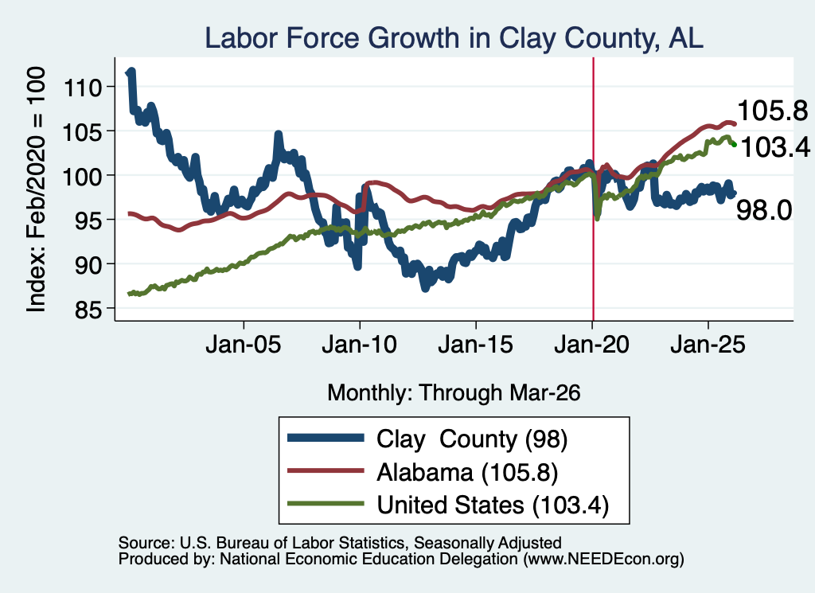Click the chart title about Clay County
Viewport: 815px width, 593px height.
(454, 38)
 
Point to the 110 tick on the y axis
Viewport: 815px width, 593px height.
(82, 88)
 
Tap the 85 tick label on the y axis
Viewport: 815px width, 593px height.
(86, 310)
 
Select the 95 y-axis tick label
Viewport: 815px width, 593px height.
(86, 220)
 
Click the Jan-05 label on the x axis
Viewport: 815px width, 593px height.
(244, 345)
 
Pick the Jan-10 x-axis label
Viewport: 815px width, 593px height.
(359, 345)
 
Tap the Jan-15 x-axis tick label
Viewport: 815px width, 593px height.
(476, 345)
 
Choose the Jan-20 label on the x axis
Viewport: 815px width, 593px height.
(592, 345)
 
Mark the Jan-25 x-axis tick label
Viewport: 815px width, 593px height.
(708, 345)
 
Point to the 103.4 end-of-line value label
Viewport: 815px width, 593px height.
(774, 147)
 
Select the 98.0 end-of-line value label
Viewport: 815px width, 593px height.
(764, 210)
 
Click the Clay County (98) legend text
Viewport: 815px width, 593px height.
(472, 439)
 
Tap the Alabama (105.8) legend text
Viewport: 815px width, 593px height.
(467, 473)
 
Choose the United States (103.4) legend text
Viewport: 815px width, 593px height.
(493, 505)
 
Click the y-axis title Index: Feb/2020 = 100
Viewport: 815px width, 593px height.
(36, 189)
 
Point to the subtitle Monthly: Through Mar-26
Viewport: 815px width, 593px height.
(454, 393)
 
